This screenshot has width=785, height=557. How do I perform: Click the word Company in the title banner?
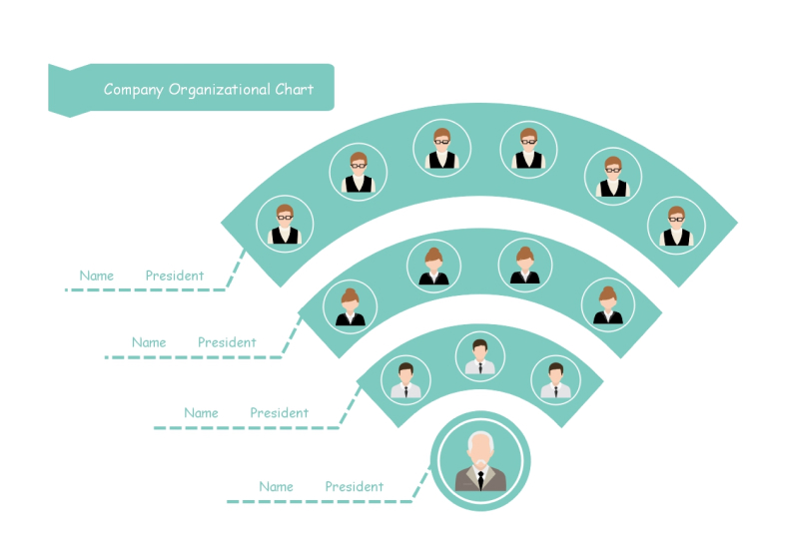click(134, 90)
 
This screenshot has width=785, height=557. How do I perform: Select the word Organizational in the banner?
click(220, 90)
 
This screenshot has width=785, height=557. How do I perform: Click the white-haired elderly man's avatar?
click(480, 461)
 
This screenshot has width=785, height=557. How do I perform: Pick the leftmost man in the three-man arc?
click(405, 380)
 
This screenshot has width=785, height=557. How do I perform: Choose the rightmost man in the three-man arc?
click(555, 380)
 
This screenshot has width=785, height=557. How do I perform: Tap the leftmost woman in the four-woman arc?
click(350, 305)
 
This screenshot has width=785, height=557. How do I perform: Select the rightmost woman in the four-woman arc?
click(608, 303)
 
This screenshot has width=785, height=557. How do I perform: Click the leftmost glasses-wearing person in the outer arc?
click(285, 224)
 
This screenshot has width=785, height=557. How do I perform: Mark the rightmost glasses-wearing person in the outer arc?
click(675, 225)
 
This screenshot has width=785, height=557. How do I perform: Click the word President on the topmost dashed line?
click(175, 276)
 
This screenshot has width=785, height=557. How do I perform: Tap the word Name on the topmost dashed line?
click(97, 276)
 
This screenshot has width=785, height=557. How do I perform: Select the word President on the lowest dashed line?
click(354, 487)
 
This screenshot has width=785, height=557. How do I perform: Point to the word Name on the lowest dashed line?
click(276, 487)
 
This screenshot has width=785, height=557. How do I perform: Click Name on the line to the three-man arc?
click(201, 413)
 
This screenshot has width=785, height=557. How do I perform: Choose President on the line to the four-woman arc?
click(227, 342)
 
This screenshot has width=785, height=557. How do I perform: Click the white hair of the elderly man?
click(480, 441)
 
